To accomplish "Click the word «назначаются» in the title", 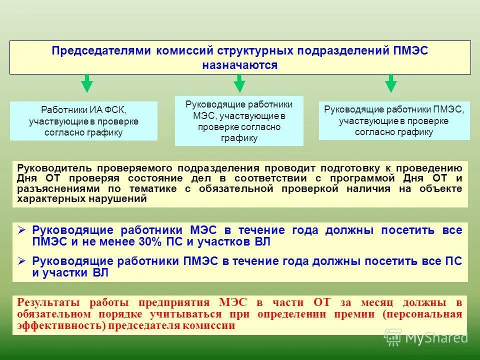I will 239,65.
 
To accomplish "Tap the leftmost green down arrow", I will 87,83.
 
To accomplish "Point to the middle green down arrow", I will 239,83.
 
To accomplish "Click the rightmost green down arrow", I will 391,83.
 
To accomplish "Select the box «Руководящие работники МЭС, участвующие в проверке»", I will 239,121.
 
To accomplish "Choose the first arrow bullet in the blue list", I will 21,230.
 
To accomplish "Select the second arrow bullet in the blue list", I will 21,261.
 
